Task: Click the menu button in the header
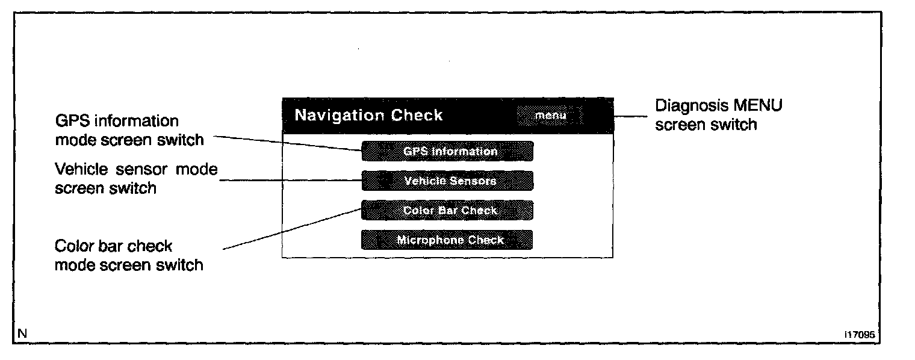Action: pyautogui.click(x=550, y=116)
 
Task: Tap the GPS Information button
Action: pyautogui.click(x=447, y=151)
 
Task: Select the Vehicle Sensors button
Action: pyautogui.click(x=447, y=181)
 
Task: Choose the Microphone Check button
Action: pyautogui.click(x=447, y=240)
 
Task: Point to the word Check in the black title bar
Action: pyautogui.click(x=417, y=115)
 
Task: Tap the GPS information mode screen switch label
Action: pyautogui.click(x=129, y=130)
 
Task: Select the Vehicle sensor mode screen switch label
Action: pyautogui.click(x=136, y=178)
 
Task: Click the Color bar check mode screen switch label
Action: pyautogui.click(x=128, y=255)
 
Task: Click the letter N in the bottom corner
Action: pyautogui.click(x=22, y=333)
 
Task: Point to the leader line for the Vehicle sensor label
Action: pyautogui.click(x=289, y=179)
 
